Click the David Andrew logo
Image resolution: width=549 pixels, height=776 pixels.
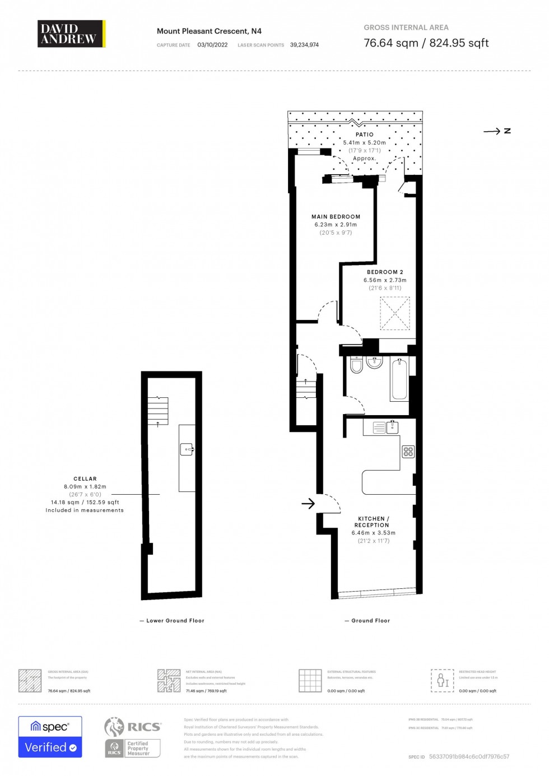click(71, 34)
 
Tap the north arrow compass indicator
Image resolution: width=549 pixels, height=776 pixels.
click(497, 131)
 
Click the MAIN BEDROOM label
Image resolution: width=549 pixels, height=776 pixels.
click(336, 217)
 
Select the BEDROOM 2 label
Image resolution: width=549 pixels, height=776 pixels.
click(385, 272)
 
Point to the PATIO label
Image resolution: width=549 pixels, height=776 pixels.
click(364, 134)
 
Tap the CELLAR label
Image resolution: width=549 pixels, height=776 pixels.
click(85, 479)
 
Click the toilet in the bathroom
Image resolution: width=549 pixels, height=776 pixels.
click(356, 365)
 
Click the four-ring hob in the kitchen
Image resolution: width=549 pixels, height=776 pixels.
click(408, 452)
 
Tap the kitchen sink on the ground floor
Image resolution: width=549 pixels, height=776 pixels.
click(386, 428)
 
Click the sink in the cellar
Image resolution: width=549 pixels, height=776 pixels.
click(187, 449)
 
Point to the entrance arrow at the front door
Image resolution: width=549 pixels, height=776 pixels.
click(308, 504)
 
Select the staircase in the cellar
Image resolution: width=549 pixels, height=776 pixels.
click(158, 410)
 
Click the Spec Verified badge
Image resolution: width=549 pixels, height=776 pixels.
click(50, 737)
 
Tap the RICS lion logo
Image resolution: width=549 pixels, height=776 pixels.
click(114, 727)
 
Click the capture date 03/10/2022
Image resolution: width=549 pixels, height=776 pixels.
click(212, 45)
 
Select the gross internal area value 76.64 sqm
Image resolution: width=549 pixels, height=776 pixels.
click(391, 43)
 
